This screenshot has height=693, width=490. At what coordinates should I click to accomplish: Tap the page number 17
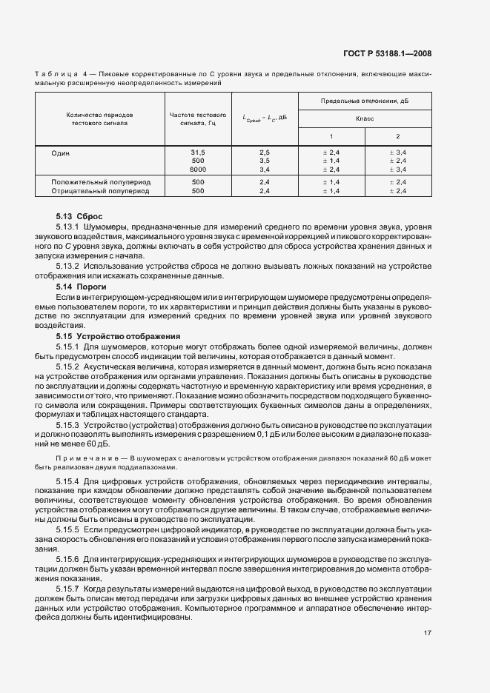(x=428, y=632)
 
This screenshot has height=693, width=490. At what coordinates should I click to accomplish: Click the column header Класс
(x=364, y=118)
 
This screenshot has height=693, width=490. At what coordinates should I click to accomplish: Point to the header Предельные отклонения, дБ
(x=364, y=100)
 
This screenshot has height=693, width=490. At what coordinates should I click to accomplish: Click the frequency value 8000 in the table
(x=197, y=169)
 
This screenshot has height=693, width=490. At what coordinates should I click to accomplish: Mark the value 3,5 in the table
(x=265, y=160)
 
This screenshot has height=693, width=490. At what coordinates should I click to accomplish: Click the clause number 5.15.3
(x=68, y=426)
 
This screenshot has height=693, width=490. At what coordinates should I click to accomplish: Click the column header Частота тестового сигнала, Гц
(x=197, y=118)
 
